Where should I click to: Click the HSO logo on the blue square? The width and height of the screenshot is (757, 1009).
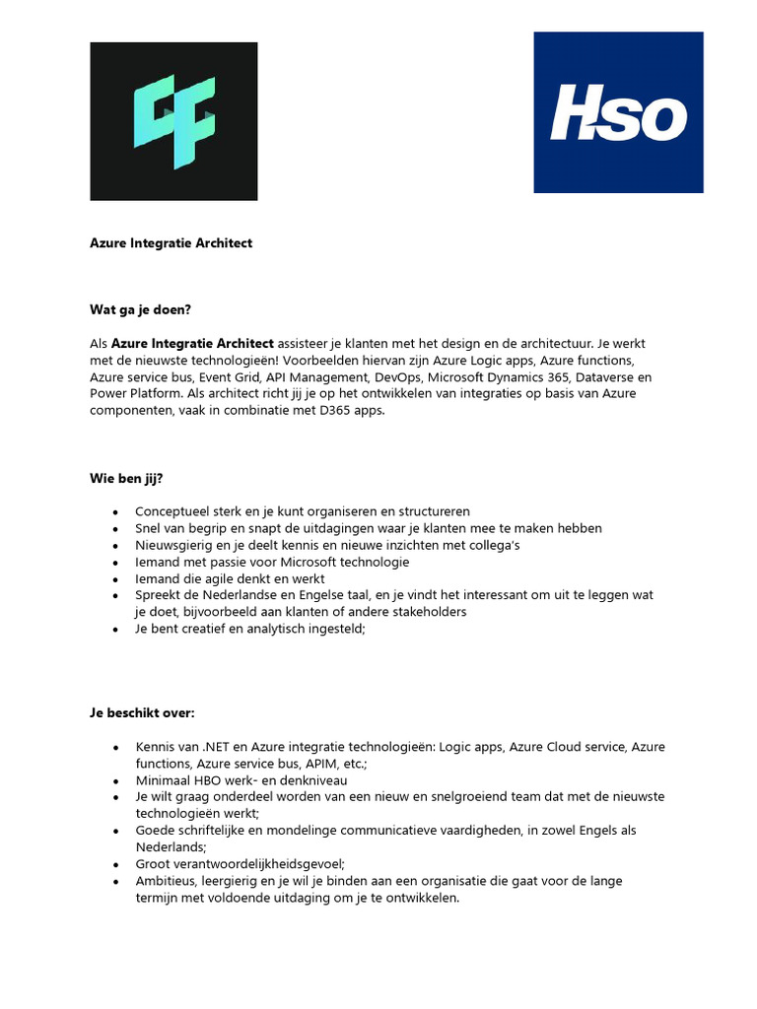pyautogui.click(x=618, y=112)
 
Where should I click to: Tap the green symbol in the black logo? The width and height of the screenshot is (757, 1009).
pyautogui.click(x=174, y=121)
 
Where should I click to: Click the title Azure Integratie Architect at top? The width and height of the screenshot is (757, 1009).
pyautogui.click(x=171, y=242)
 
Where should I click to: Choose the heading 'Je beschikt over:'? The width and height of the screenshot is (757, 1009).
pyautogui.click(x=144, y=712)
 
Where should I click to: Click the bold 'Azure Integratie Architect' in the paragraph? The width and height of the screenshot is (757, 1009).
pyautogui.click(x=192, y=343)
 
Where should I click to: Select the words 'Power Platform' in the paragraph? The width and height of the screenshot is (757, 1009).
pyautogui.click(x=133, y=394)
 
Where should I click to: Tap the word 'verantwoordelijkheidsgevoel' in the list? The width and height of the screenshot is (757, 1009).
pyautogui.click(x=255, y=863)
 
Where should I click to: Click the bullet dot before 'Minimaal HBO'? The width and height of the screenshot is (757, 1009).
pyautogui.click(x=116, y=779)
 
